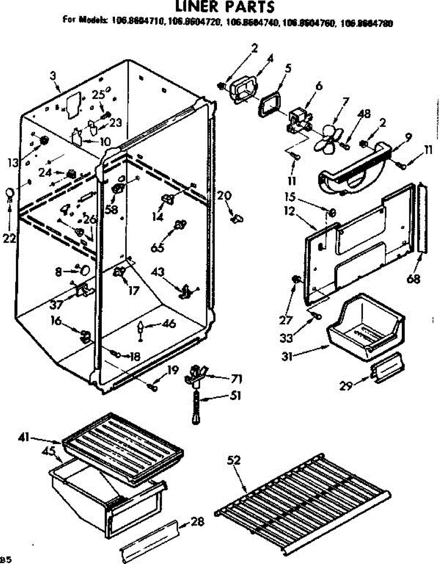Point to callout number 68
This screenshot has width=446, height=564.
[x=413, y=279]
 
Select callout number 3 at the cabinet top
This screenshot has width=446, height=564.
[x=53, y=75]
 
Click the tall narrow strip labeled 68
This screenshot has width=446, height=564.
[x=422, y=219]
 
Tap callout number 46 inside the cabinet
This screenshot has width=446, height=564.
[x=169, y=323]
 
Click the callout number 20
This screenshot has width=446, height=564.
[x=224, y=195]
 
